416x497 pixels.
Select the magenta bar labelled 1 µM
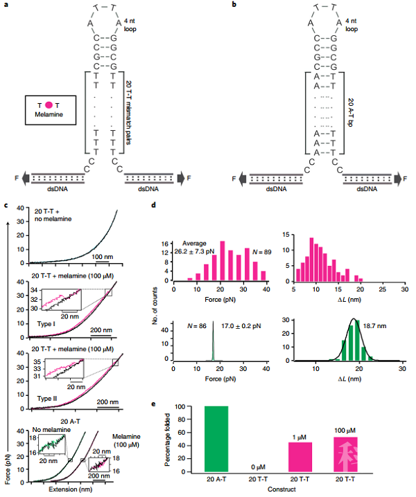tap(300, 458)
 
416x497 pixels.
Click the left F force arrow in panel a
tap(26, 178)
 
